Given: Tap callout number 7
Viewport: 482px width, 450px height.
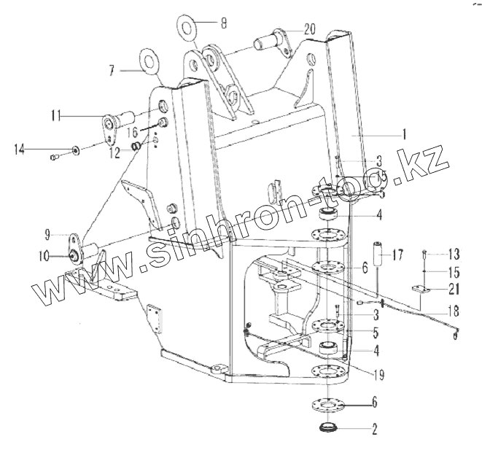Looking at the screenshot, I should coord(112,71).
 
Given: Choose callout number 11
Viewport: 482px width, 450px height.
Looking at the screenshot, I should coord(55,115).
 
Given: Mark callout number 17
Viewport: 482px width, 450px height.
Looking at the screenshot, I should coord(398,257).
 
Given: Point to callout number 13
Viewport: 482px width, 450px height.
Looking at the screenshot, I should coord(454,255).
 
